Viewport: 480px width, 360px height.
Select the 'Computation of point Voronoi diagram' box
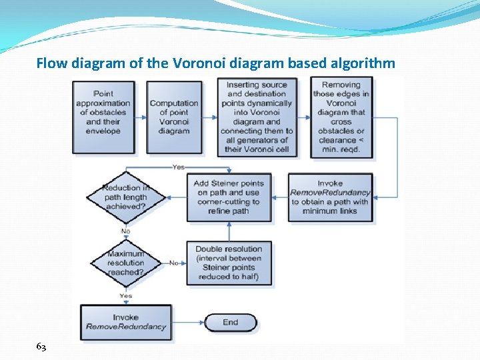click(174, 117)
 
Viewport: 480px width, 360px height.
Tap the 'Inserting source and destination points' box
click(257, 117)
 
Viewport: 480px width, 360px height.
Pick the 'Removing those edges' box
click(341, 117)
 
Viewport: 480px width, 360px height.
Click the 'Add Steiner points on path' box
click(229, 197)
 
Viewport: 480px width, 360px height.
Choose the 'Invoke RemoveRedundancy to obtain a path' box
click(330, 197)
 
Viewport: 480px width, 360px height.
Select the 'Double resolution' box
click(229, 263)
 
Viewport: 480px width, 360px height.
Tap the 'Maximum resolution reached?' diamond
click(125, 263)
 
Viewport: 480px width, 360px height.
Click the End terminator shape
click(230, 323)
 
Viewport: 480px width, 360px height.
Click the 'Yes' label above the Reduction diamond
click(178, 167)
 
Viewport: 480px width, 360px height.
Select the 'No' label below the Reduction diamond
click(125, 231)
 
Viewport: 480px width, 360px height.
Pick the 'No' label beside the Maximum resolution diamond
click(173, 263)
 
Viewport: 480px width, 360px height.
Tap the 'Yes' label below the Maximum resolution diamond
click(125, 295)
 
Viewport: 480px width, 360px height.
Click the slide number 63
click(41, 347)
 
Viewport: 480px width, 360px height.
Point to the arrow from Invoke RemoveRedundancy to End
click(187, 323)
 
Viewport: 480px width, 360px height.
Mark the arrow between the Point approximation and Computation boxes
click(141, 117)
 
